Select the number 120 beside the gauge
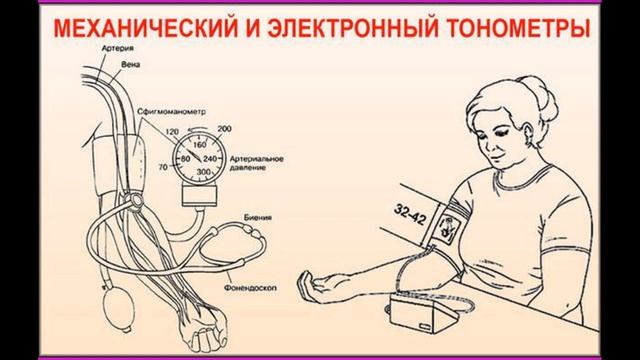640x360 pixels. point(170,131)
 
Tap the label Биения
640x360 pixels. point(256,215)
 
